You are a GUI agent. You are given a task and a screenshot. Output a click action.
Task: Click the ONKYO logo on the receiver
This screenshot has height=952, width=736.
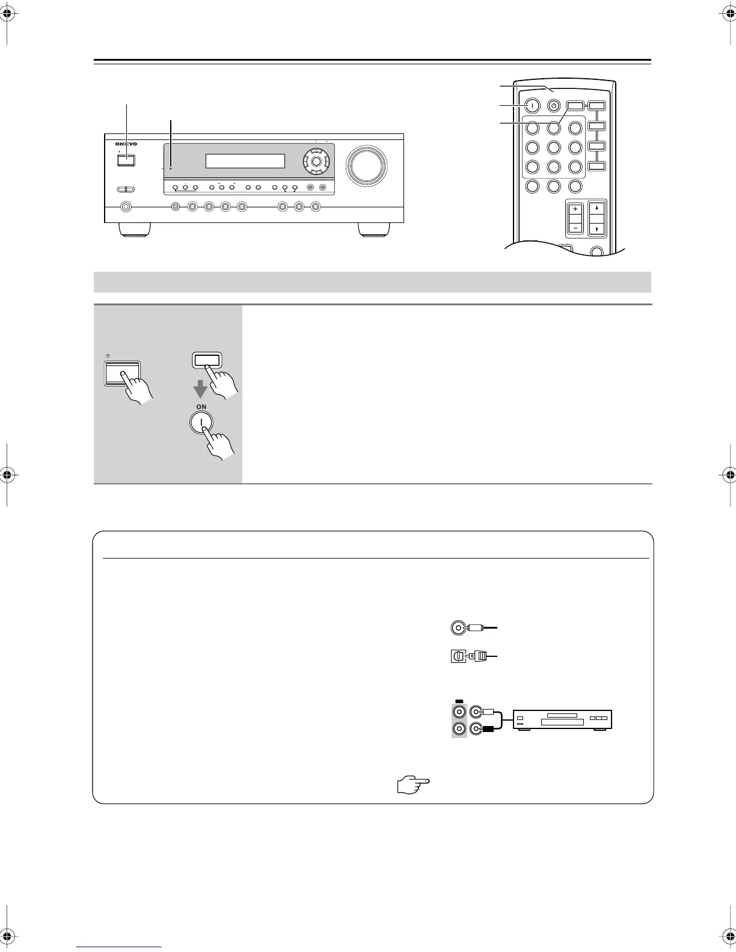point(126,144)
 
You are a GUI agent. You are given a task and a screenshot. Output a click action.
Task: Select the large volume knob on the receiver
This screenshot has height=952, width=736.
point(366,164)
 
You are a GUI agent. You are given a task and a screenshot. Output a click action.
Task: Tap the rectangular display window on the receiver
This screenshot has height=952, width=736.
point(245,161)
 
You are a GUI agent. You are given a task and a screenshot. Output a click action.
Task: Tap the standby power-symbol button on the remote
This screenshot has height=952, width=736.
point(554,106)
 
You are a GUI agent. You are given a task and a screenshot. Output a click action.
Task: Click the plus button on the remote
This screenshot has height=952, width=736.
point(575,210)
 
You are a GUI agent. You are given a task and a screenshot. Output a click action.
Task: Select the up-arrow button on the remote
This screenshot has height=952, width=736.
point(596,208)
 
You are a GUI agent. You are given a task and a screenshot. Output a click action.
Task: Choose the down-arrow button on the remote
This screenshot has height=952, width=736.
point(596,229)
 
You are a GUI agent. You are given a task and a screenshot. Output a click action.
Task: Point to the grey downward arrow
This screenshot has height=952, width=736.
point(200,390)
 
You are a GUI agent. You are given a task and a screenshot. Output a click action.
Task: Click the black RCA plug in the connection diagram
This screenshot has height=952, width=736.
point(488,729)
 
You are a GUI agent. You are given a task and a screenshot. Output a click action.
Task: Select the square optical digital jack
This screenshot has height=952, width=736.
point(458,657)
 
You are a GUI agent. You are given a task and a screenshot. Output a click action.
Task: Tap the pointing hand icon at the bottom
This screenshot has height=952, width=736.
point(414,783)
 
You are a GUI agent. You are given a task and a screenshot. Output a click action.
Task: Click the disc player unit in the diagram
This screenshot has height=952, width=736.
point(562,719)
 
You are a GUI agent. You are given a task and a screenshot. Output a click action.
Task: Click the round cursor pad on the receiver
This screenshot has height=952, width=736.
point(316,160)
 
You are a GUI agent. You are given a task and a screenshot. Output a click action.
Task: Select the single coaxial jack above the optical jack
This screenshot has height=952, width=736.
point(458,628)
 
